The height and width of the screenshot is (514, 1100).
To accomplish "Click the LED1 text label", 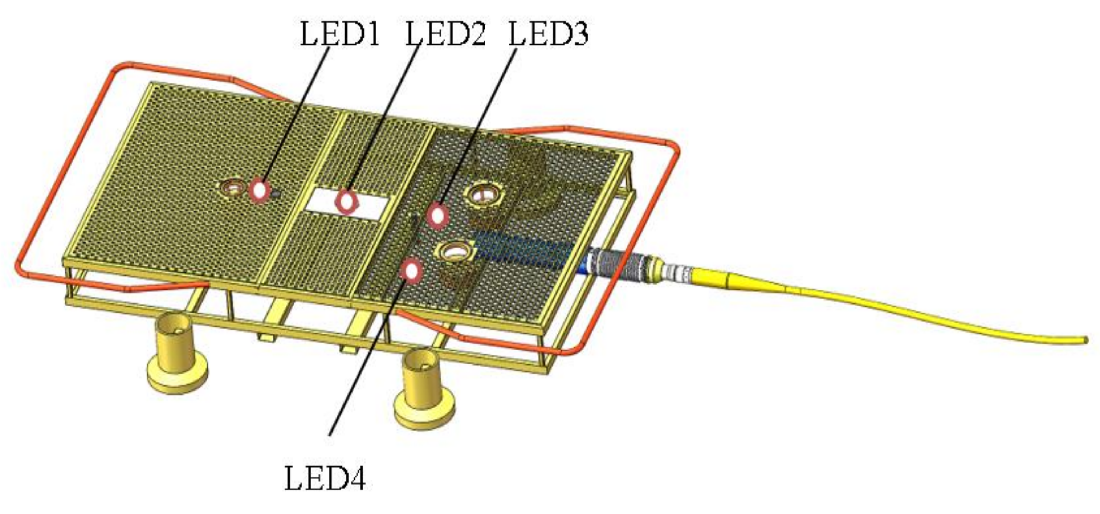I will click(x=339, y=34).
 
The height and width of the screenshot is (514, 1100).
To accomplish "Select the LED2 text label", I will click(x=445, y=34).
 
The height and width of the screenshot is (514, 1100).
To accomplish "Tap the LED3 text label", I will click(x=548, y=34).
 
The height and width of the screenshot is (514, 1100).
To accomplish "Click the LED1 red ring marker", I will click(x=259, y=191).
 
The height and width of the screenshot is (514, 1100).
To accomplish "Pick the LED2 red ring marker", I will click(x=346, y=201).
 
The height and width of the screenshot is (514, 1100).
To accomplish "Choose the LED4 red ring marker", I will click(x=412, y=271).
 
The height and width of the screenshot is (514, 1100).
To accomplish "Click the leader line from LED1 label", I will click(x=299, y=111).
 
